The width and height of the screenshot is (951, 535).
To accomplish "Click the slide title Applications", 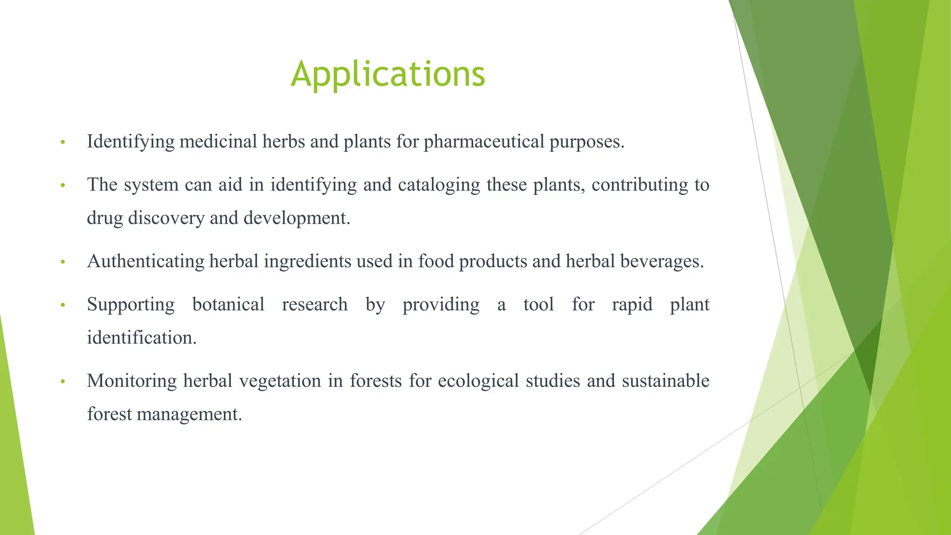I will (x=388, y=74).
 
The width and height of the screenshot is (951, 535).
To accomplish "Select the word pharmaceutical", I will (x=484, y=142).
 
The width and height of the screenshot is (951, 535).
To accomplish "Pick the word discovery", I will (x=166, y=218).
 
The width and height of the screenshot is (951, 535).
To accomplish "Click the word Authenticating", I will (x=145, y=261).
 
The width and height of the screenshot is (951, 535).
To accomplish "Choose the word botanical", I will (x=228, y=305).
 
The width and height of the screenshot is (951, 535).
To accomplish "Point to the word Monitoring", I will (x=132, y=381).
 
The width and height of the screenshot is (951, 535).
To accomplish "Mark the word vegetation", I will (x=280, y=381).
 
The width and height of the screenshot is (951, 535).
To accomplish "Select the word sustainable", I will (x=665, y=381).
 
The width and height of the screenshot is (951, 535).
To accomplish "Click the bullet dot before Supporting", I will (x=63, y=306).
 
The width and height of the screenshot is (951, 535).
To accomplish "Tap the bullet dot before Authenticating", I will (x=63, y=262).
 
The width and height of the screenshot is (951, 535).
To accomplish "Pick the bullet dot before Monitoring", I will (x=63, y=382).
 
